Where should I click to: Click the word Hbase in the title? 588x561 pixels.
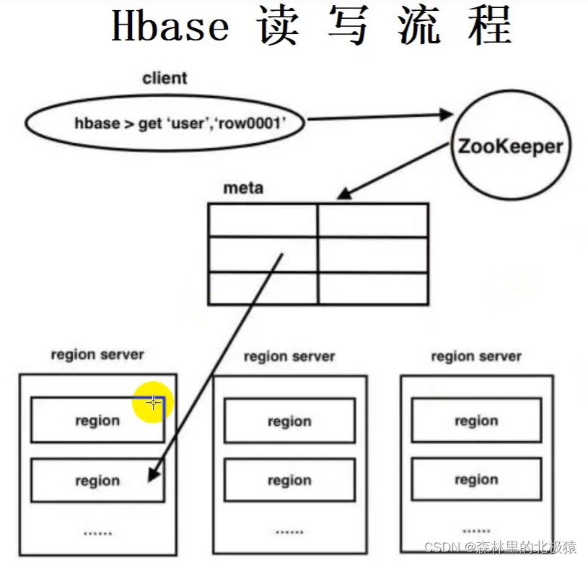pos(170,27)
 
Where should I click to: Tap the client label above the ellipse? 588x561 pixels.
pos(164,78)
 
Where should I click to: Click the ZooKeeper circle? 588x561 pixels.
pos(509,147)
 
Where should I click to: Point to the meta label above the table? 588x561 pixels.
pos(243,188)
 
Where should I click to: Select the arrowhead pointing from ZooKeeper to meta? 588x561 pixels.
pos(345,193)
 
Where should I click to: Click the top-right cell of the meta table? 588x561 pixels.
pos(372,219)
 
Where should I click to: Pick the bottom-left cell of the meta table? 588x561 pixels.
pos(263,288)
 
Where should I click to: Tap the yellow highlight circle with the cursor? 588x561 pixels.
pos(153,402)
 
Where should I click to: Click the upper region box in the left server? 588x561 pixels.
pos(97,420)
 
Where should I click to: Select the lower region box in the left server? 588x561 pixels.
pos(97,481)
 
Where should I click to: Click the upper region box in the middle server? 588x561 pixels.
pos(289,421)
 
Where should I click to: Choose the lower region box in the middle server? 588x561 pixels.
pos(289,481)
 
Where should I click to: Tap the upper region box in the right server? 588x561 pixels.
pos(476,420)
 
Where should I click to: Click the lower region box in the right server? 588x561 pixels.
pos(476,480)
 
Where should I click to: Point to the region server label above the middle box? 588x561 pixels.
pos(289,357)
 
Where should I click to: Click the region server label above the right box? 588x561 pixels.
pos(476,357)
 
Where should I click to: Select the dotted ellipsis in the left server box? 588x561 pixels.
pos(97,533)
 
